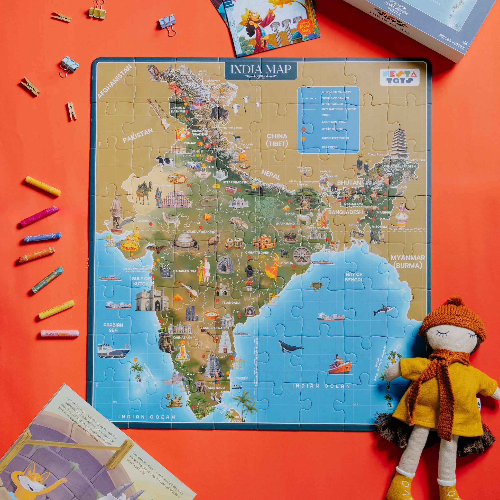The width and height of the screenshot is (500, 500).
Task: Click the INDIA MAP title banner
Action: tap(261, 70)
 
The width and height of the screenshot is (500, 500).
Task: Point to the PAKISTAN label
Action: tap(138, 136)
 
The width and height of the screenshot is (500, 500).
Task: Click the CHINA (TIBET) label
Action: tap(277, 140)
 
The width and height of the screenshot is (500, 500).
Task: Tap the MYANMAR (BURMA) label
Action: tap(407, 262)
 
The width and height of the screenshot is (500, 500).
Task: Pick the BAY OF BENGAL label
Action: tap(354, 277)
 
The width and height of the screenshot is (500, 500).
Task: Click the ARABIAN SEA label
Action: tap(113, 327)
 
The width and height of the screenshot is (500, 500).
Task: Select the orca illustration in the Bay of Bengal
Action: tap(383, 310)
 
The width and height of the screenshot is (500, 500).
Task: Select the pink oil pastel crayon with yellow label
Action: tap(60, 334)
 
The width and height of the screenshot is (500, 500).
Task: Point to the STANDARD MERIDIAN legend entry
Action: tap(336, 92)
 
